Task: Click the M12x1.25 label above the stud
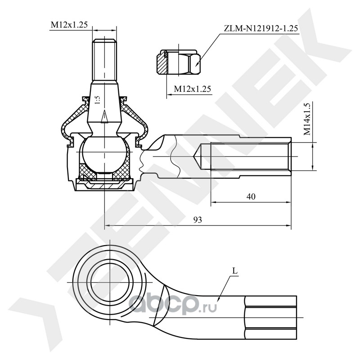point(69,25)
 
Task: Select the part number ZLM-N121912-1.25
point(261,28)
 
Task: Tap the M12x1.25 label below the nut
point(192,89)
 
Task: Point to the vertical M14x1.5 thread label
point(307,119)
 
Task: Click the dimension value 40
point(251,197)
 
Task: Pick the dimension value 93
point(198,220)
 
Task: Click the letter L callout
point(235,271)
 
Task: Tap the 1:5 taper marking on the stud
point(98,100)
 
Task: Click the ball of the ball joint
point(104,155)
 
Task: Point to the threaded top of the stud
point(104,60)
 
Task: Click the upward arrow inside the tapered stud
point(104,117)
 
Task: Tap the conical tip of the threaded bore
point(198,157)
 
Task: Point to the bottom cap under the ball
point(104,185)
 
